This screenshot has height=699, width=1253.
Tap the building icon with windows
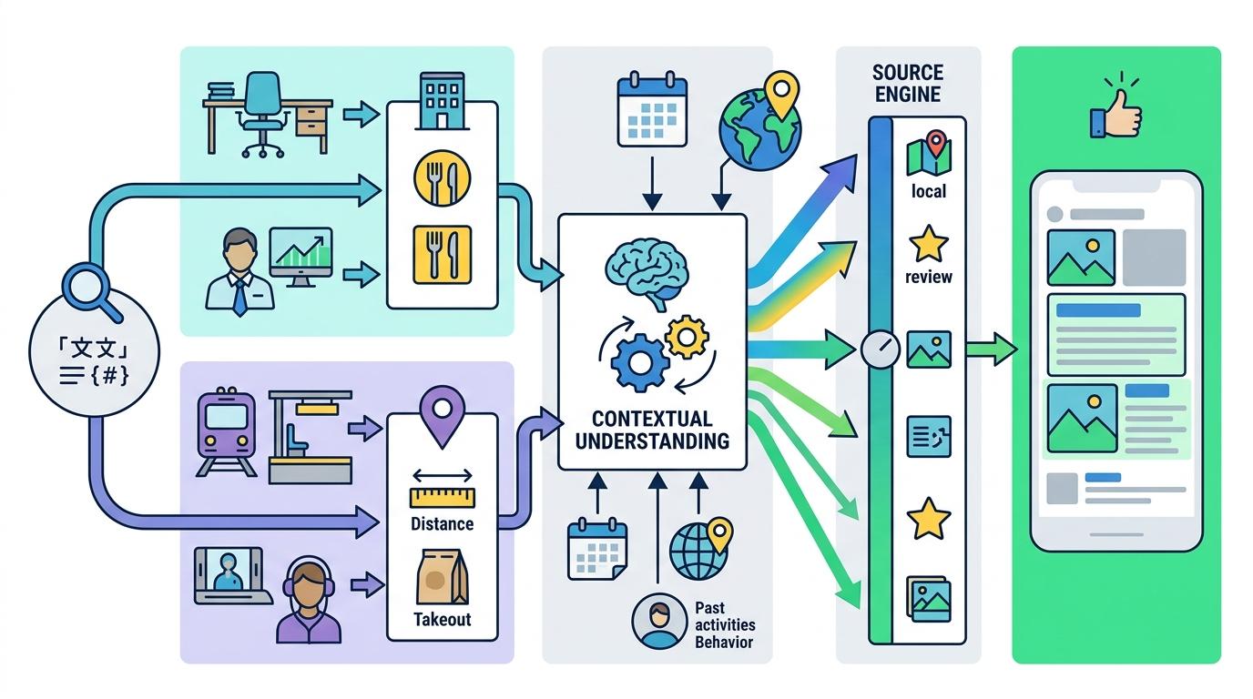(x=443, y=99)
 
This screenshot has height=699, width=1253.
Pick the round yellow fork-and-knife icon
(x=443, y=177)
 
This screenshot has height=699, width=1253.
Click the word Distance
(x=442, y=523)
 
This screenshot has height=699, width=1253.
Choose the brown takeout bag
(x=442, y=579)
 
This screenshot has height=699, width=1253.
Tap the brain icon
(x=647, y=269)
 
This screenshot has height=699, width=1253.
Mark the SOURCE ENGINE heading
(x=907, y=82)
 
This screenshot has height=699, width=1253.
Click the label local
(x=928, y=191)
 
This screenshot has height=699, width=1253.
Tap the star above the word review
(x=928, y=245)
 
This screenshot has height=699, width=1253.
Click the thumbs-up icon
(x=1117, y=113)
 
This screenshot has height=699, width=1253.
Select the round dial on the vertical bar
(x=880, y=349)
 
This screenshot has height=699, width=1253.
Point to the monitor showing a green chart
(x=301, y=256)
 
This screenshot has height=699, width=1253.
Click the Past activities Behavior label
(x=724, y=624)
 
